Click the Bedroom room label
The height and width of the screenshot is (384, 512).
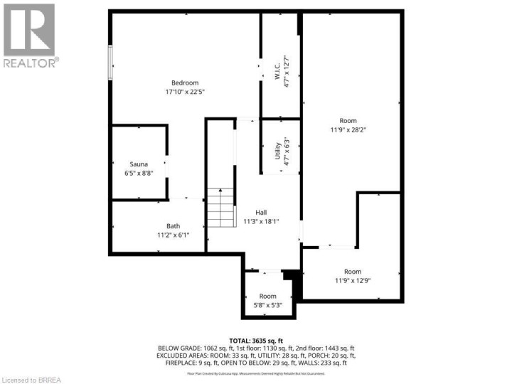point(185,82)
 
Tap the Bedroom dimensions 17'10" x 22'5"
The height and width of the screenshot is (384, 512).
point(185,92)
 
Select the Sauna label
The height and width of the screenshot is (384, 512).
point(138,164)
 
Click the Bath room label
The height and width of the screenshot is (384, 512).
point(174,226)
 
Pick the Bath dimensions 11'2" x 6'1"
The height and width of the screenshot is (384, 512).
point(174,235)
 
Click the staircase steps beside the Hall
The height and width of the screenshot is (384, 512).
point(221,208)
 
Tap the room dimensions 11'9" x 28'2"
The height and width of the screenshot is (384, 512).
point(348,130)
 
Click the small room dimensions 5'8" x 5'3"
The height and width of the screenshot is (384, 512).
point(267,305)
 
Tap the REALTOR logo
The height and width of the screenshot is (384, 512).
point(30,35)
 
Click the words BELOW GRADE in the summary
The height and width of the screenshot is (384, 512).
point(180,348)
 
